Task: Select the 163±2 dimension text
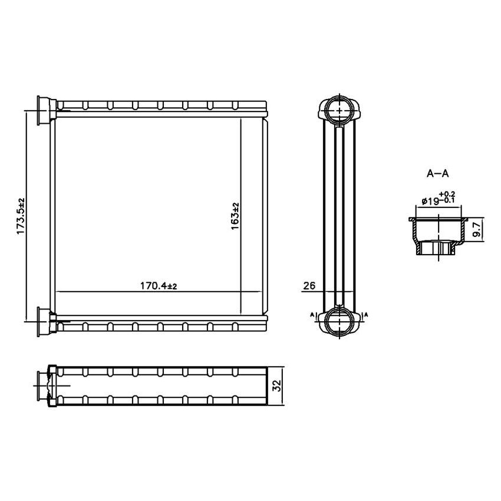235,216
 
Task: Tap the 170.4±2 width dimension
159,286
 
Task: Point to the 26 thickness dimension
309,286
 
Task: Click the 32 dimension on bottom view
278,386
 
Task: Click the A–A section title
437,173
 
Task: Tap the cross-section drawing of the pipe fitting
439,236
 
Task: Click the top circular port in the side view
339,110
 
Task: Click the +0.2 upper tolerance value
448,194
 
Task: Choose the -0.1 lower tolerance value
448,201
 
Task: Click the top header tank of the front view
162,106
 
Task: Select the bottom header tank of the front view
162,325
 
